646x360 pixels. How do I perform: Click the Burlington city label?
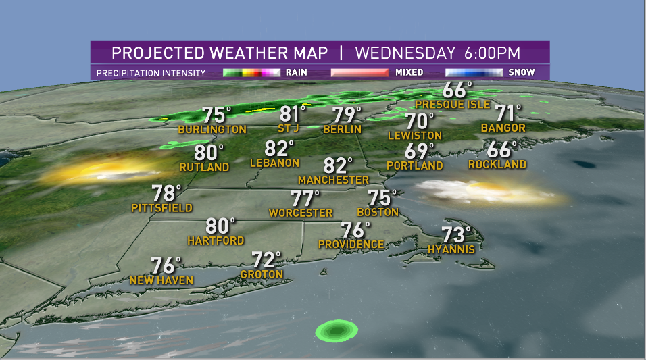(x=212, y=129)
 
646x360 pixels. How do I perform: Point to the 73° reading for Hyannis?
(x=456, y=235)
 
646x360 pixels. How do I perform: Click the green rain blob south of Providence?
(x=337, y=330)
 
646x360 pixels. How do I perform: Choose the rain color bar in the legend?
(x=251, y=72)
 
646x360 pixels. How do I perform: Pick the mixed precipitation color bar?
(x=358, y=72)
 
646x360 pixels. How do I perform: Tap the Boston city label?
(x=378, y=212)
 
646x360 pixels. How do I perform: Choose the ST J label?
(x=290, y=128)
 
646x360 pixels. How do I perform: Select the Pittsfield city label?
(x=161, y=208)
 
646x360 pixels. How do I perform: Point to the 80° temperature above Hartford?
(x=220, y=226)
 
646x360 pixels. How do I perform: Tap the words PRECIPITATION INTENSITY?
(x=151, y=72)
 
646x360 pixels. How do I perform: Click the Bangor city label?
(x=503, y=127)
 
